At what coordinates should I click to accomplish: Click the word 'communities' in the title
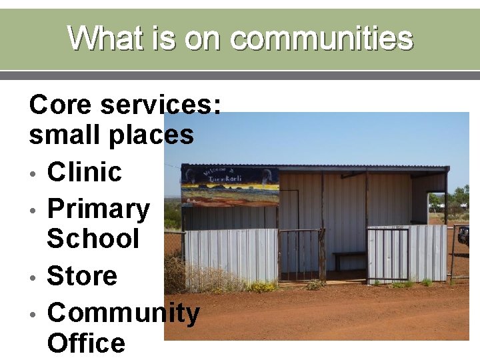tap(322, 38)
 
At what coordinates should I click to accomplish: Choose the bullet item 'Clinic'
tap(85, 172)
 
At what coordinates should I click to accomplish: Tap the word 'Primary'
tap(99, 209)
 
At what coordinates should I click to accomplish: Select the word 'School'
tap(93, 239)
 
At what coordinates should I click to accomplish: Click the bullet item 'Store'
tap(82, 276)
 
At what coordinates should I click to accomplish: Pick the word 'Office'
tap(86, 343)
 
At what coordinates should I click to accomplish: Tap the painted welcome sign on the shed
tap(230, 186)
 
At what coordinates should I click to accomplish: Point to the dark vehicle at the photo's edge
tap(464, 235)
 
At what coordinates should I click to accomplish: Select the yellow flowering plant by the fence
tap(261, 286)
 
